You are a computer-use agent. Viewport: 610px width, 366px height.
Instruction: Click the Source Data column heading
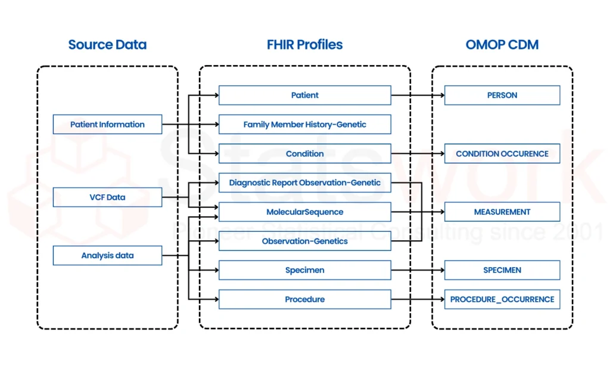[107, 45]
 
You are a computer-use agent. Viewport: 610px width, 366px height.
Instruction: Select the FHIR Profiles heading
[304, 45]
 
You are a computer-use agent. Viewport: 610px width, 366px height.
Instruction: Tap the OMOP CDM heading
[502, 45]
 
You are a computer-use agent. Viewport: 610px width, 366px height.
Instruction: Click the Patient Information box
[107, 125]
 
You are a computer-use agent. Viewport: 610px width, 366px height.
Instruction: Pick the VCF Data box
[107, 197]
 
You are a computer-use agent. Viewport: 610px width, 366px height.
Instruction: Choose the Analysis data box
[107, 256]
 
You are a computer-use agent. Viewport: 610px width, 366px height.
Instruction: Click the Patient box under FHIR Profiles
[304, 95]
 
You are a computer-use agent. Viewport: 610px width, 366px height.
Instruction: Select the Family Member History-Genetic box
[304, 125]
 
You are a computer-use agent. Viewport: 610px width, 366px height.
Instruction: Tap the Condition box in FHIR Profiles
[304, 154]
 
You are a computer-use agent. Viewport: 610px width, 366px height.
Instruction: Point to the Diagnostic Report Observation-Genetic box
[304, 183]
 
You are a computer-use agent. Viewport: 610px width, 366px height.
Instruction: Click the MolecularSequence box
[304, 212]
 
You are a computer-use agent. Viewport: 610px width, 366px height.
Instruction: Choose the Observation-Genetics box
[304, 241]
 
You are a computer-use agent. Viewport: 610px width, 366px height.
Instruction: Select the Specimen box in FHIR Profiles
[304, 270]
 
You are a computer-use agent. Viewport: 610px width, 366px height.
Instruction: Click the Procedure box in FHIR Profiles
[304, 299]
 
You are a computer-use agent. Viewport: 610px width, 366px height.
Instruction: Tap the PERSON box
[502, 95]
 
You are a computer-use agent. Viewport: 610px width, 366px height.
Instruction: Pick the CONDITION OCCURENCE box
[502, 154]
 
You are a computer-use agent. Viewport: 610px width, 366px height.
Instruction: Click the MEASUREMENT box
[502, 212]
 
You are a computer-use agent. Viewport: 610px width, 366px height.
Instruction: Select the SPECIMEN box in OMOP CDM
[502, 270]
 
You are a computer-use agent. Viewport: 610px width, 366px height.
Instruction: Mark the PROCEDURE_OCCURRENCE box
[502, 299]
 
